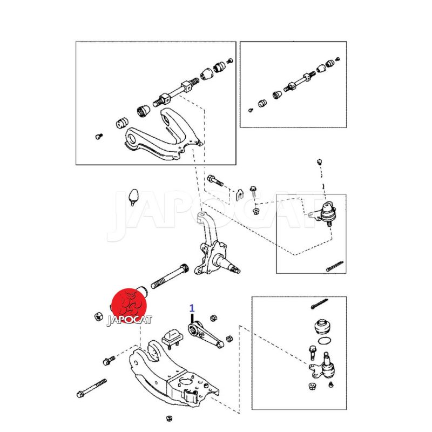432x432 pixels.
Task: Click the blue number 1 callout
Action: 192,308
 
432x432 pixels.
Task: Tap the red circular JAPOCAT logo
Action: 129,306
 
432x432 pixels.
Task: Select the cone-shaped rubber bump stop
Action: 133,197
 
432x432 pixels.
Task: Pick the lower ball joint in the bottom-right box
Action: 323,367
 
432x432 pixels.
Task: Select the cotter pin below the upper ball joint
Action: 334,266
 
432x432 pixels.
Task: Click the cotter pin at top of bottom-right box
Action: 319,303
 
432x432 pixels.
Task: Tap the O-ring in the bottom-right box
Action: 325,341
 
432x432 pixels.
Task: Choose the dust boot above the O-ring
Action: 322,326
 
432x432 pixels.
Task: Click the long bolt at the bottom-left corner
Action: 91,388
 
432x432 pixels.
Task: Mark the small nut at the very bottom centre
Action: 170,418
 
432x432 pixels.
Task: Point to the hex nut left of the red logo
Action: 99,316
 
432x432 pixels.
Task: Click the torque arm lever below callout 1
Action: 206,335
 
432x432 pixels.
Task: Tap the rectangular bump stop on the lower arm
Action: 173,337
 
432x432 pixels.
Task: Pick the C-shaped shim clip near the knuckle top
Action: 240,194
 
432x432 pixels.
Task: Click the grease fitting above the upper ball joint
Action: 319,161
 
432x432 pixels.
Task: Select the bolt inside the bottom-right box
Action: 312,353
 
